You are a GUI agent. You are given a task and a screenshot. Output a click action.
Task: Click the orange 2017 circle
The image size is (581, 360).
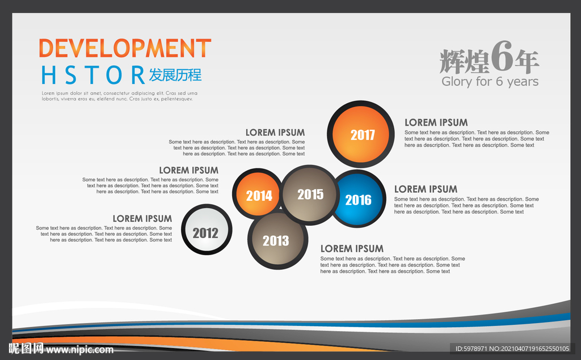pyautogui.click(x=360, y=134)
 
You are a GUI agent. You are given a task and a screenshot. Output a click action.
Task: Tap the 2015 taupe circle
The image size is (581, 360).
pyautogui.click(x=310, y=195)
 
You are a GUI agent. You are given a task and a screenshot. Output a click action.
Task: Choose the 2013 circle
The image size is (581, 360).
pyautogui.click(x=277, y=240)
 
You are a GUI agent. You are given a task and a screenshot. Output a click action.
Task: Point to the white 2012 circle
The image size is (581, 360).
pyautogui.click(x=207, y=230)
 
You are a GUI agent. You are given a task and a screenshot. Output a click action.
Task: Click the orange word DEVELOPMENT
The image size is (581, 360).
pyautogui.click(x=125, y=48)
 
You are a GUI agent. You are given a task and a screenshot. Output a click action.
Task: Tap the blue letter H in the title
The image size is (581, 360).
pyautogui.click(x=49, y=75)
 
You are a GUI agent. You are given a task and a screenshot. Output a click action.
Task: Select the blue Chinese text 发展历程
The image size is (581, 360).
pyautogui.click(x=175, y=75)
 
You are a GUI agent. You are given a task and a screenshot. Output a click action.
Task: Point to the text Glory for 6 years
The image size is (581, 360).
pyautogui.click(x=490, y=82)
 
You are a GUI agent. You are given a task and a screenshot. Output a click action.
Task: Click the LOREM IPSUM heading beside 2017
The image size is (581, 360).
pyautogui.click(x=436, y=122)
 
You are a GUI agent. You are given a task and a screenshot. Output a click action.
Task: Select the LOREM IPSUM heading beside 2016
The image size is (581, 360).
pyautogui.click(x=426, y=189)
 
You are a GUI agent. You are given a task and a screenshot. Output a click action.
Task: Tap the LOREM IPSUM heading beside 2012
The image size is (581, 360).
pyautogui.click(x=142, y=218)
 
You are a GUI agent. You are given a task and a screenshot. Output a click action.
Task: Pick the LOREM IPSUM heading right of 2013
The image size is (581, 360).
pyautogui.click(x=352, y=248)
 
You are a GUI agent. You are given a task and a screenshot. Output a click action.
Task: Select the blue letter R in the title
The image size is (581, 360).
pyautogui.click(x=138, y=75)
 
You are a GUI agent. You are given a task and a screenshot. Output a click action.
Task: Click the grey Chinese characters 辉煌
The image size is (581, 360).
pyautogui.click(x=465, y=61)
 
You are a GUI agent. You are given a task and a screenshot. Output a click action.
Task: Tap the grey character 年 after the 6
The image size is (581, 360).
pyautogui.click(x=527, y=61)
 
